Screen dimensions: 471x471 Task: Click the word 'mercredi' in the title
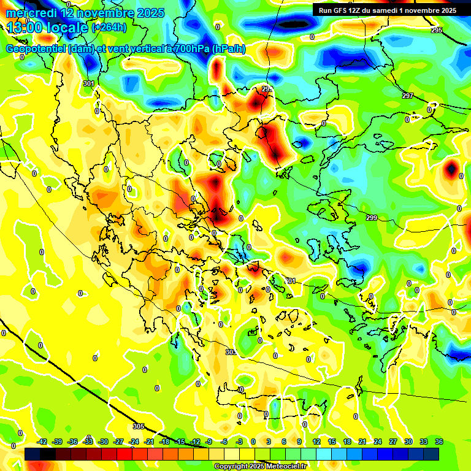[30, 13]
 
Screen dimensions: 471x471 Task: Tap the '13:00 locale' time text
[47, 28]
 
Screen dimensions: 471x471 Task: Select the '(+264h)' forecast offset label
[109, 28]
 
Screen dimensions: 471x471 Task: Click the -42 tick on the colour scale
[43, 442]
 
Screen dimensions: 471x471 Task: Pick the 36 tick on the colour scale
[438, 442]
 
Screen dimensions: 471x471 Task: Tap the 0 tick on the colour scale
[253, 442]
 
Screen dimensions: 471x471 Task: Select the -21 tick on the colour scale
[149, 442]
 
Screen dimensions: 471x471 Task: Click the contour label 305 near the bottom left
[138, 426]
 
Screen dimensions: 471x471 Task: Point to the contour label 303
[231, 352]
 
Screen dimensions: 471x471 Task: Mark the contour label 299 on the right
[372, 218]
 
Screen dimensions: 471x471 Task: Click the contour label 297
[408, 96]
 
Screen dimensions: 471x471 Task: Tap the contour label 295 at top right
[436, 30]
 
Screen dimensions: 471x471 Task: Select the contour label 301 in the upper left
[89, 83]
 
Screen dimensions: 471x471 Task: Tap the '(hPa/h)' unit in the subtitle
[229, 49]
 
